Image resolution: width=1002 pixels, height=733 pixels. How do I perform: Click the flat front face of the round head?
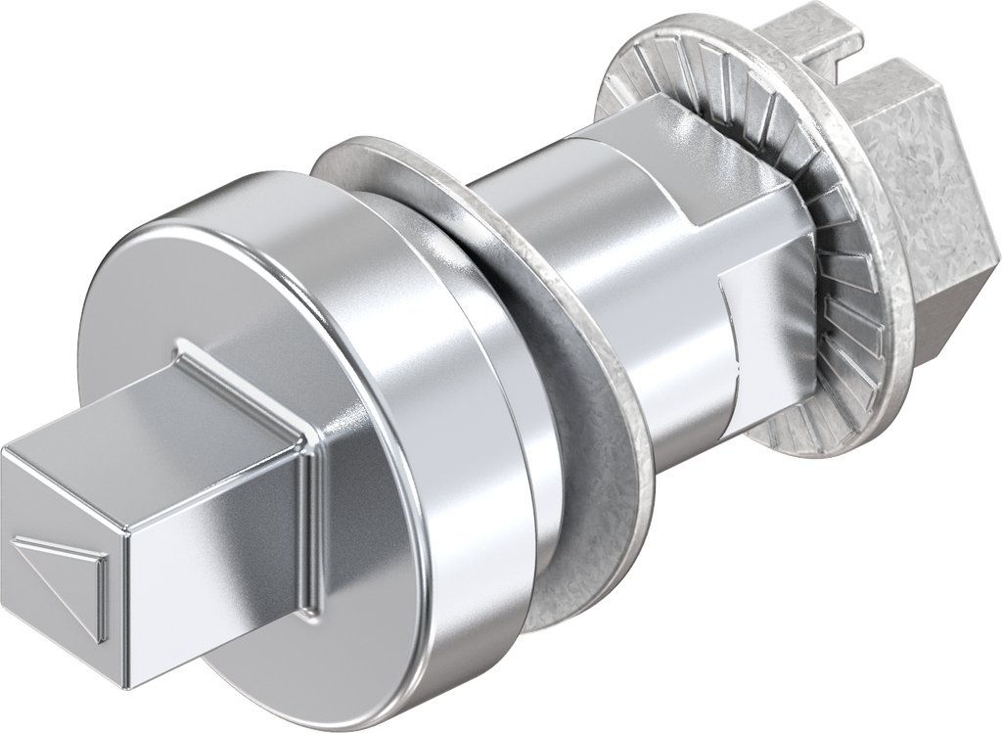[196, 294]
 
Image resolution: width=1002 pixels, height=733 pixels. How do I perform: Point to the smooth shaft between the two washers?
[548, 215]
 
